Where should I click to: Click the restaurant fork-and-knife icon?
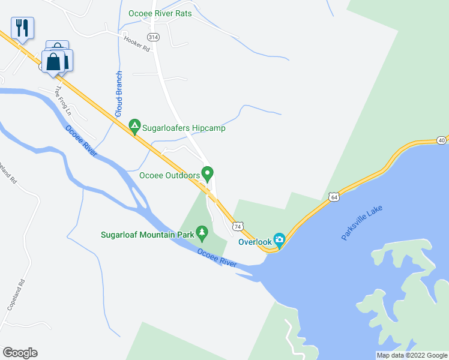(22, 27)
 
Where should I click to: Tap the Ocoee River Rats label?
(160, 13)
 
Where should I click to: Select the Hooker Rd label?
(137, 44)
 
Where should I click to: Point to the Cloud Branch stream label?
(119, 94)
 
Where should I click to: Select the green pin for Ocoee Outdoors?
(208, 174)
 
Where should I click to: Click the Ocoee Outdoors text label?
(169, 176)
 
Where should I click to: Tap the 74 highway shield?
(238, 226)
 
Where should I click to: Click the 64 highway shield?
(334, 196)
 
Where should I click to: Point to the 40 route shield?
(442, 140)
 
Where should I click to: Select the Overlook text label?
(255, 242)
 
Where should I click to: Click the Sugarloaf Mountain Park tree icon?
(202, 231)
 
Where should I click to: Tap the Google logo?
(20, 353)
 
